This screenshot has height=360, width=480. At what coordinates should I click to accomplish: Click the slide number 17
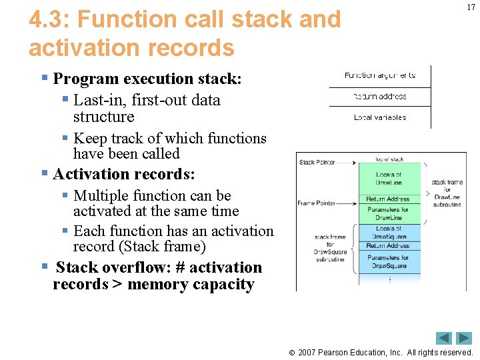click(x=471, y=7)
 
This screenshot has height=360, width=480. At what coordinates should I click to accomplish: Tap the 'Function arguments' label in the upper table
click(x=379, y=75)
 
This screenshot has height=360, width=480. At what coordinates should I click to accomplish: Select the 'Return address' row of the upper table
click(x=379, y=97)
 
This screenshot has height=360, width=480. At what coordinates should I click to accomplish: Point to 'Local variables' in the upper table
click(x=379, y=118)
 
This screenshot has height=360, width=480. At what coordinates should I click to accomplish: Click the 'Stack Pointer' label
click(x=317, y=162)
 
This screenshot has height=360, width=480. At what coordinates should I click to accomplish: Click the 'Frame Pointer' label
click(x=316, y=203)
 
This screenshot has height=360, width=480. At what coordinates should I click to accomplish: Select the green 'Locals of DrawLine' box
click(x=389, y=179)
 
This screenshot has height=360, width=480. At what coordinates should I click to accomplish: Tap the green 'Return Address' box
click(x=389, y=199)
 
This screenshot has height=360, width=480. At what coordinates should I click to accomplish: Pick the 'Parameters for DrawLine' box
click(x=389, y=213)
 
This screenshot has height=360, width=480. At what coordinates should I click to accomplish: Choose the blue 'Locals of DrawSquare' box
click(x=389, y=233)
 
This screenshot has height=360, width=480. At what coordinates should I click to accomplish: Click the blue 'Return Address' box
click(x=389, y=246)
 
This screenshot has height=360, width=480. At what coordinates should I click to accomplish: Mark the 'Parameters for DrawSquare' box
click(x=389, y=262)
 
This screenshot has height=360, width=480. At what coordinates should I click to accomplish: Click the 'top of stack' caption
click(x=389, y=159)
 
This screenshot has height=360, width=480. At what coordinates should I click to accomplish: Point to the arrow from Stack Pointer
click(x=347, y=162)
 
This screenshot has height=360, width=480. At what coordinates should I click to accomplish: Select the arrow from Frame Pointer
click(x=347, y=203)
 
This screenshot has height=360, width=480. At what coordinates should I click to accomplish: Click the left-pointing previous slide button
click(x=444, y=338)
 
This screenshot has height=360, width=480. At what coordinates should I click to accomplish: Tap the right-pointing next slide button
click(x=464, y=338)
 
